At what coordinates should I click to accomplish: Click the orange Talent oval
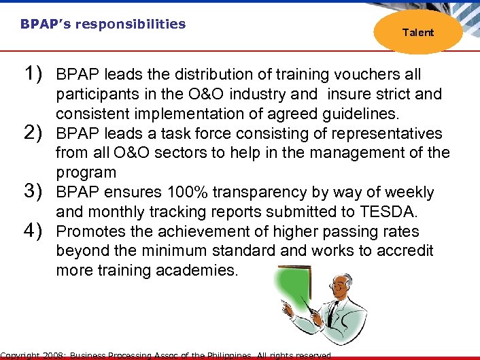pos(417,32)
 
